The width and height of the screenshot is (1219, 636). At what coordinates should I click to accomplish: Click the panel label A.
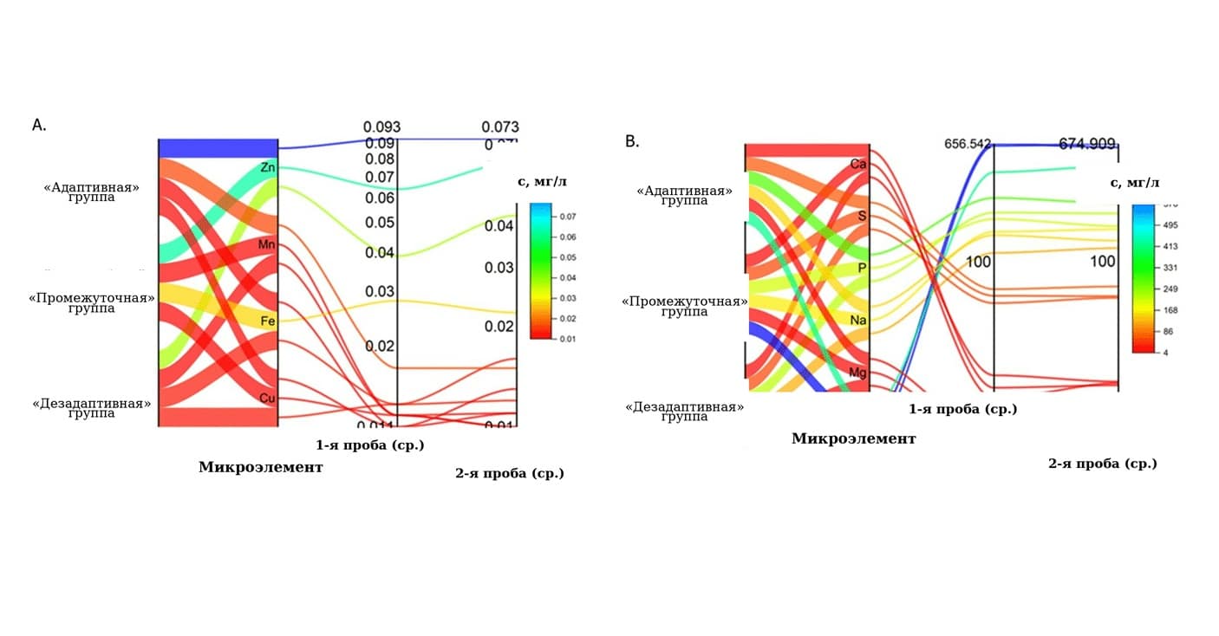click(x=39, y=126)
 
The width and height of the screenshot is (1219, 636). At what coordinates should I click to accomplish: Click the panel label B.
click(x=632, y=141)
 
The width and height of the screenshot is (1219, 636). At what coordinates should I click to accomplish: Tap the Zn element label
click(x=268, y=167)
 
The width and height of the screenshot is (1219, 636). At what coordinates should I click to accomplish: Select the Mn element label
click(x=267, y=245)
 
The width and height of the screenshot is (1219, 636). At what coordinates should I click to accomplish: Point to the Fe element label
click(x=268, y=321)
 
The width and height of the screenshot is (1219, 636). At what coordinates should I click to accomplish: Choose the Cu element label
click(x=268, y=398)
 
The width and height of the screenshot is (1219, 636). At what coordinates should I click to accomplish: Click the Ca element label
click(x=858, y=164)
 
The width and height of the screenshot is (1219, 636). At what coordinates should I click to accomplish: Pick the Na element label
click(x=858, y=320)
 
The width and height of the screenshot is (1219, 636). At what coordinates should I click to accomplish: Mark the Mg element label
click(x=858, y=373)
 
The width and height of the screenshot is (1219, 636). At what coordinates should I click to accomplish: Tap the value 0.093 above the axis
click(x=381, y=127)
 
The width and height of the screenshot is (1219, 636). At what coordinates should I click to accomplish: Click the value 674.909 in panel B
click(x=1087, y=144)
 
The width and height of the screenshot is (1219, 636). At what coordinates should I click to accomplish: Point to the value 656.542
click(x=968, y=144)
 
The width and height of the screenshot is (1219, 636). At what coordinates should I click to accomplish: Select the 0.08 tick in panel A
click(x=380, y=159)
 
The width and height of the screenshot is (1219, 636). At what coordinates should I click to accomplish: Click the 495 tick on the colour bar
click(x=1147, y=225)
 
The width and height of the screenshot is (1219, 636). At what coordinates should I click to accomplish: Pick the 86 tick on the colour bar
click(x=1146, y=332)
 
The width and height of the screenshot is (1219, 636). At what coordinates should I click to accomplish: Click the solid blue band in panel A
click(x=218, y=148)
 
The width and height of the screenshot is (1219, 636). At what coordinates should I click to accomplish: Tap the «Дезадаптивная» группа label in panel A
click(x=91, y=408)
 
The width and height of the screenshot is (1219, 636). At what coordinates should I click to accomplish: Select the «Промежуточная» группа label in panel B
click(x=684, y=307)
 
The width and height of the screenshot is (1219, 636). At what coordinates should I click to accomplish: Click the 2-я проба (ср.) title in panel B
click(x=1102, y=464)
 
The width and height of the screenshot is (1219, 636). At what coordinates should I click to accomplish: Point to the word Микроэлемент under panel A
click(x=260, y=467)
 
